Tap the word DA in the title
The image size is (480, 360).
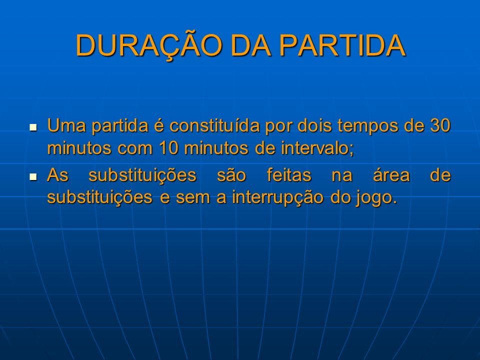pos(250,45)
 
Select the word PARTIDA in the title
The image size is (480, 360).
pos(342,45)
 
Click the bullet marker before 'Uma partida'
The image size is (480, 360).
pos(33,126)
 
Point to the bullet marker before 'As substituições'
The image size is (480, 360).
pos(33,176)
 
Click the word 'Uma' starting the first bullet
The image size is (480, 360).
pos(66,125)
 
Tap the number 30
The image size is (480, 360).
pos(440,125)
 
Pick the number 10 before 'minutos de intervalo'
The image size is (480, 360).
pos(169,148)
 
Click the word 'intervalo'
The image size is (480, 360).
pos(317,148)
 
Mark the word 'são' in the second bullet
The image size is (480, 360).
pos(231,175)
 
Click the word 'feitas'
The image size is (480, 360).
pos(289,175)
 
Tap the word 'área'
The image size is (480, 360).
pos(391,175)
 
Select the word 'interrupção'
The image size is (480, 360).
pos(278,198)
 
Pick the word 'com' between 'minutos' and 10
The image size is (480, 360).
pos(135,148)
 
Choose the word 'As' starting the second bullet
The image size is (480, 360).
pos(57,175)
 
